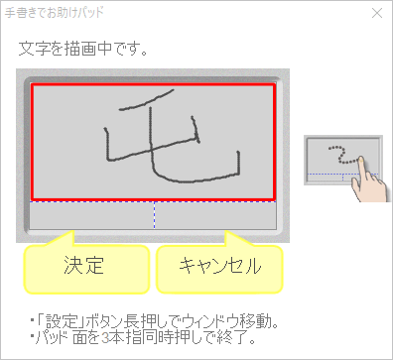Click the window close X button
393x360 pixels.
click(377, 15)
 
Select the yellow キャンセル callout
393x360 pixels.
click(219, 266)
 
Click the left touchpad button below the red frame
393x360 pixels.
click(91, 216)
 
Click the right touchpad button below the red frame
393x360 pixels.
click(215, 216)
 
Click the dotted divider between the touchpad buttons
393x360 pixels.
click(154, 216)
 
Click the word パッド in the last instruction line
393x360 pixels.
click(49, 338)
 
